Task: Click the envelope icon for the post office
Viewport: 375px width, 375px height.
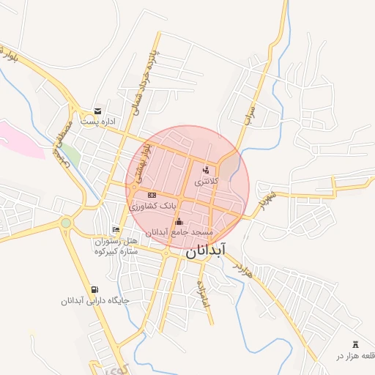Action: [97, 111]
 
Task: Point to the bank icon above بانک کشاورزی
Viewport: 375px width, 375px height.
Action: [152, 195]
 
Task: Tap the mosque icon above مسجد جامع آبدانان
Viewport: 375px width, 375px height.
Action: [179, 221]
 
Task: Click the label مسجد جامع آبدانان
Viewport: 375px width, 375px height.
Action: [179, 232]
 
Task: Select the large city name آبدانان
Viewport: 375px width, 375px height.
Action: [206, 250]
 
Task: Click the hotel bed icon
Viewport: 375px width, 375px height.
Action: [116, 230]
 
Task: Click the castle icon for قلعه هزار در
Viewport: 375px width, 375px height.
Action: [357, 344]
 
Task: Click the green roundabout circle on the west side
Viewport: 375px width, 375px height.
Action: [66, 223]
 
